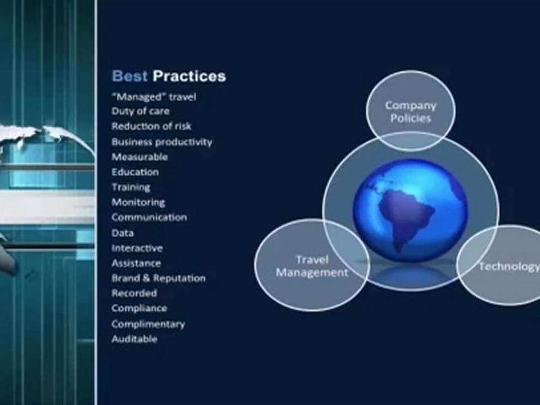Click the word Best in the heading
129,76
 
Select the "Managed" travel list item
154,96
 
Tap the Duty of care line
140,111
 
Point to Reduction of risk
151,127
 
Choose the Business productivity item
161,142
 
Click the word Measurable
139,157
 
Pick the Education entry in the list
135,172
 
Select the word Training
130,187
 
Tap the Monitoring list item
138,202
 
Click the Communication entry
148,217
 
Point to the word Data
122,232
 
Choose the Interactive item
137,247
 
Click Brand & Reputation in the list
158,278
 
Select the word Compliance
139,308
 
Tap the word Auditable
134,339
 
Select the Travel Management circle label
312,266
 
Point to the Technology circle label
508,266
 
